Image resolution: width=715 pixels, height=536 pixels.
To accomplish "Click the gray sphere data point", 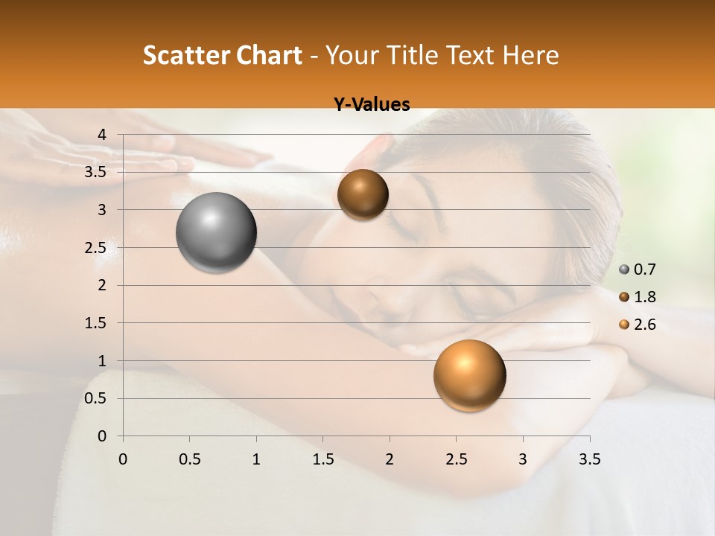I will (216, 232).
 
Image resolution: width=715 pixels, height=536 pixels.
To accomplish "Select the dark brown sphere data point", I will (363, 194).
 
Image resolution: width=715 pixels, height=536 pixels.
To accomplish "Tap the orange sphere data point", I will (469, 375).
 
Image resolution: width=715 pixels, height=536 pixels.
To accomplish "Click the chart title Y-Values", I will (371, 105).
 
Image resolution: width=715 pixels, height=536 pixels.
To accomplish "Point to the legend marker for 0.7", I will (624, 269).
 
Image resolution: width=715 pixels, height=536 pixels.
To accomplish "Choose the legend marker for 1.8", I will (624, 297).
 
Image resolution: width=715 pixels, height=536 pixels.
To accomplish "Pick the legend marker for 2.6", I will (624, 325).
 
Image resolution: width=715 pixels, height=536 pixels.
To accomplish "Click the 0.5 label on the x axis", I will (190, 459).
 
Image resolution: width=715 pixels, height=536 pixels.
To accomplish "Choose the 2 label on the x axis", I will (390, 459).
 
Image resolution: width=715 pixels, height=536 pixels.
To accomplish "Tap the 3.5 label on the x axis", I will (590, 459).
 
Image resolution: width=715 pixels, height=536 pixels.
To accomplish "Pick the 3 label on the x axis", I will (523, 459).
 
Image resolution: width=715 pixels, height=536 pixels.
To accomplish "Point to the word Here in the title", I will (530, 55).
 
